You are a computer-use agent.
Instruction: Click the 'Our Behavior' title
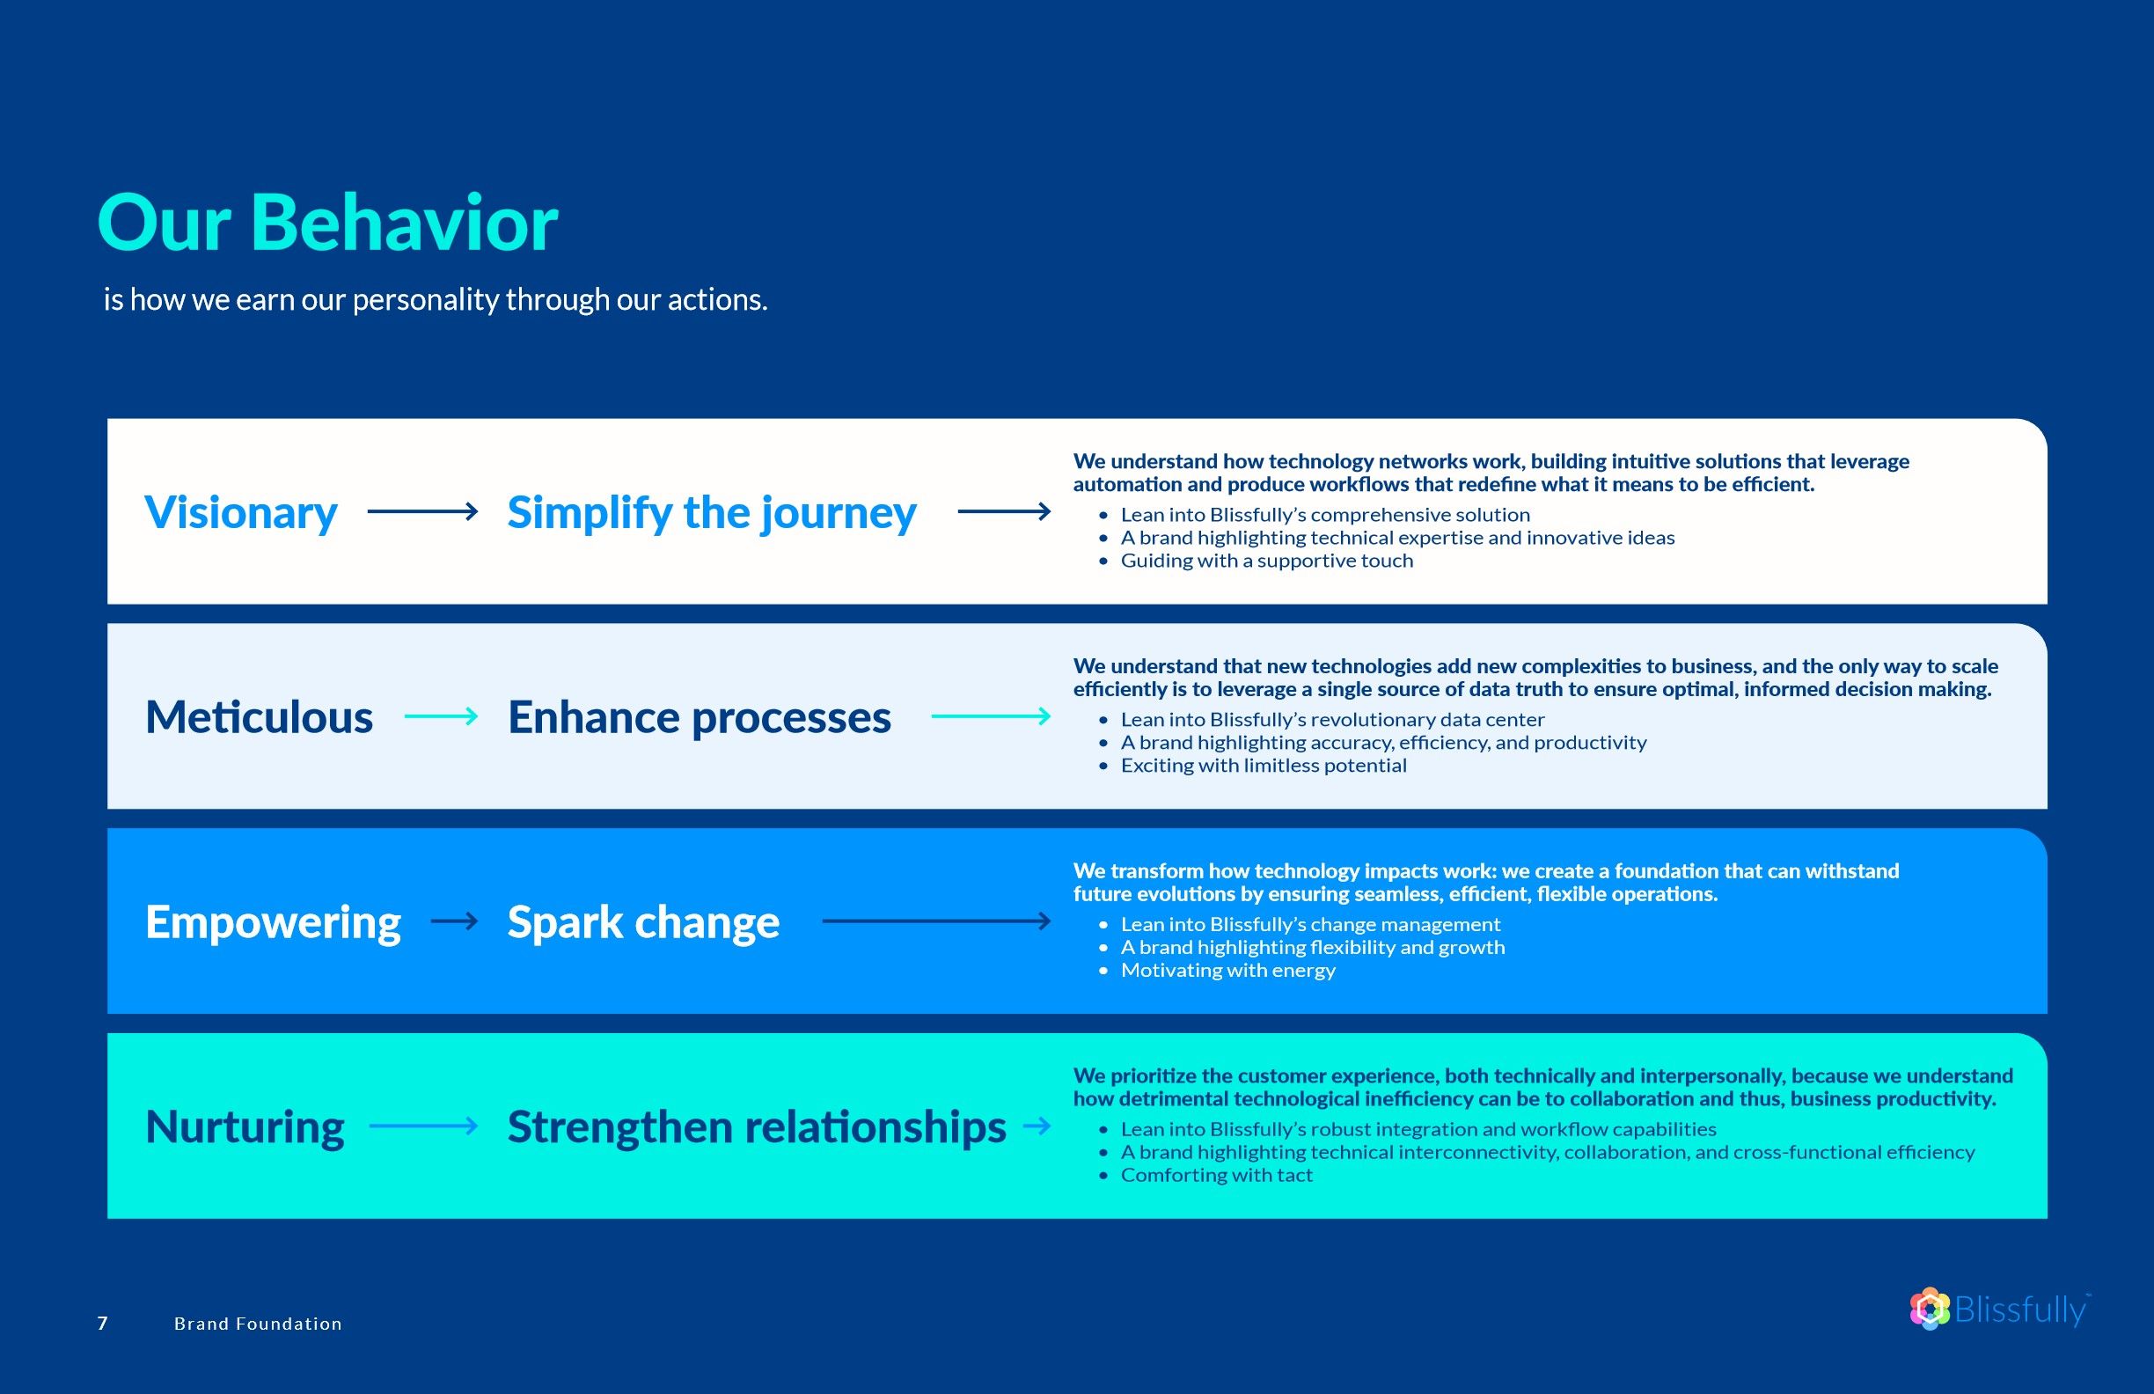(x=327, y=223)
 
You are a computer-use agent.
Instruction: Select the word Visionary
(x=241, y=512)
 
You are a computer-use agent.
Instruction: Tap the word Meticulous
(x=259, y=717)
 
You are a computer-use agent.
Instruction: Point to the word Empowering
(x=273, y=922)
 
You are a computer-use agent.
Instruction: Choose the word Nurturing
(x=245, y=1127)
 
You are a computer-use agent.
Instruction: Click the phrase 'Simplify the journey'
(x=711, y=512)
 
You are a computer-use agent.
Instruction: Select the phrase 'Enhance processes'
(x=699, y=718)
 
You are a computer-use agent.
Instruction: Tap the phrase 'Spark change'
(x=642, y=922)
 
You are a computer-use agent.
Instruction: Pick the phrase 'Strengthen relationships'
(x=757, y=1127)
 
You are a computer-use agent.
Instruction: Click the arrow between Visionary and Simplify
(x=422, y=511)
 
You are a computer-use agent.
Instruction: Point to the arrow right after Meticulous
(x=441, y=716)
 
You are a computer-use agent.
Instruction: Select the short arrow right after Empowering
(x=454, y=921)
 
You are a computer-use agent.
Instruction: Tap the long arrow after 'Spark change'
(x=937, y=921)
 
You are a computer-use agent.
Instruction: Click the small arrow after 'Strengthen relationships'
(x=1037, y=1126)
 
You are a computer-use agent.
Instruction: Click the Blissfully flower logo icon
(x=1930, y=1309)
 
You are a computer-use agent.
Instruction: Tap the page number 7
(x=102, y=1324)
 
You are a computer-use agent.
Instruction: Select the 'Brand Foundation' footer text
(x=258, y=1324)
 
